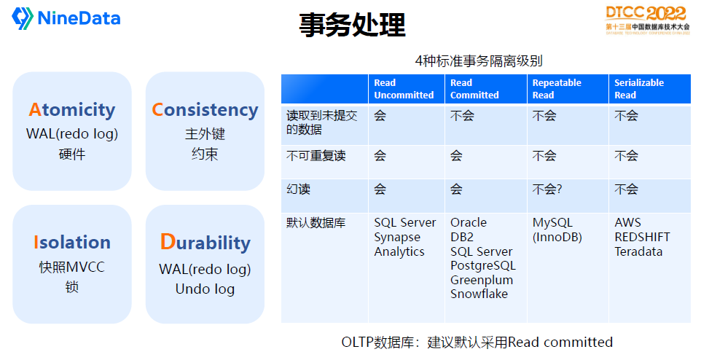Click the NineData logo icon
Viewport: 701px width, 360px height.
[23, 18]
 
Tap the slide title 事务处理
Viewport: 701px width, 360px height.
[352, 26]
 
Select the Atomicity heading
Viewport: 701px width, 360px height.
[72, 110]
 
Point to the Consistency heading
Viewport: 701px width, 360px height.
[205, 110]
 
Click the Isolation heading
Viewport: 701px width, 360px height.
[72, 243]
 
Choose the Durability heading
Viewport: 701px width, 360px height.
[205, 243]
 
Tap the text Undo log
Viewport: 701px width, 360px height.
[205, 289]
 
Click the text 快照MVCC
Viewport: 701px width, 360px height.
[72, 267]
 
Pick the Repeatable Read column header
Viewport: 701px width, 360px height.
[557, 89]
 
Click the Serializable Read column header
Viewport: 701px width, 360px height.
[639, 89]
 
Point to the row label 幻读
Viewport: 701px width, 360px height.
[299, 189]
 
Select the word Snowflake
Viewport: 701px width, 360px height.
[479, 294]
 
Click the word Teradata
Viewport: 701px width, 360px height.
[638, 251]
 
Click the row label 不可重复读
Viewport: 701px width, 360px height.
[316, 156]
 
